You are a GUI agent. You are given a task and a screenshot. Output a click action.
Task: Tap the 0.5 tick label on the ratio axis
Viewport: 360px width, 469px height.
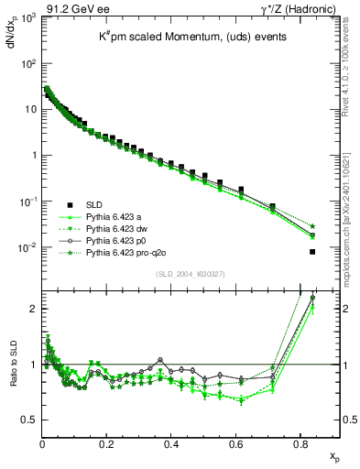click(x=27, y=420)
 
